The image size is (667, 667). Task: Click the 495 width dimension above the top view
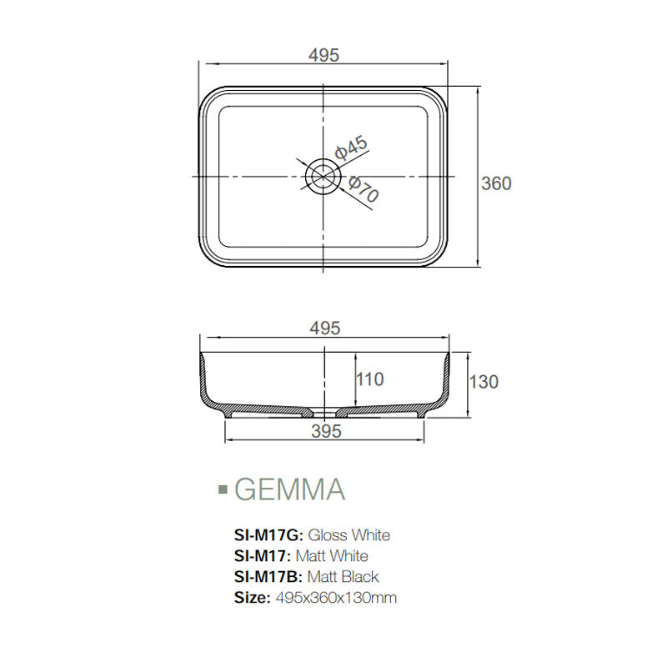[323, 55]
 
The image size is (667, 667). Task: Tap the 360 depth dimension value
[497, 183]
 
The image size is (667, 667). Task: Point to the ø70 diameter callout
[364, 191]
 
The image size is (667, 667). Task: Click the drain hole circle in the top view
[323, 176]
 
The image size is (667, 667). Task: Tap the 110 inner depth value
[369, 379]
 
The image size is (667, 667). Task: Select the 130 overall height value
[484, 382]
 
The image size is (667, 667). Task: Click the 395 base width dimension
[326, 431]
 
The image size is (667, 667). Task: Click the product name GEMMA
[289, 489]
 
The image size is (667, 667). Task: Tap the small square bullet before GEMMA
[222, 489]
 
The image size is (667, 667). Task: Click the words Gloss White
[349, 534]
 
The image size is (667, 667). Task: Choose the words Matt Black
[344, 577]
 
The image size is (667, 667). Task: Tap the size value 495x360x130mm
[336, 598]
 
